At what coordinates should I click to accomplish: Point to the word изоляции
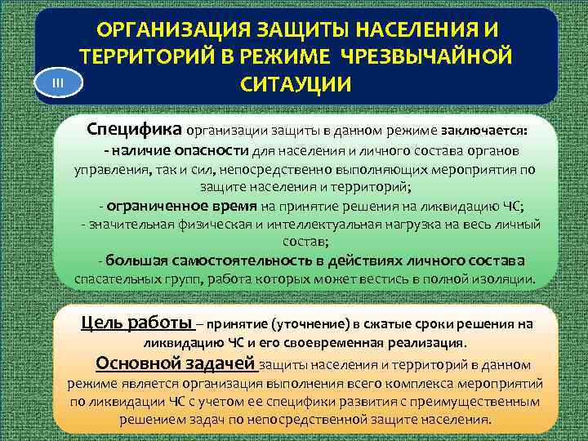click(x=508, y=279)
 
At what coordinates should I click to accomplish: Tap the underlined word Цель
click(x=104, y=323)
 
